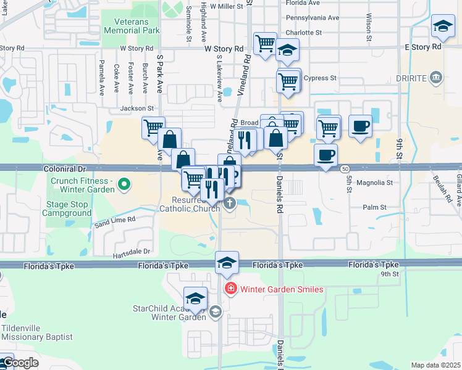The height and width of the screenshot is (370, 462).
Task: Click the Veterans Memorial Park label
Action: (132, 25)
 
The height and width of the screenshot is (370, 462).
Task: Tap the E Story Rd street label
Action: (423, 47)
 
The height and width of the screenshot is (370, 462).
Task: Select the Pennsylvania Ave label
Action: (313, 18)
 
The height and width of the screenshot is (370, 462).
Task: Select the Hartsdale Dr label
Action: (132, 252)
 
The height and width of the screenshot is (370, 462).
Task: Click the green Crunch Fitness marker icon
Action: (124, 183)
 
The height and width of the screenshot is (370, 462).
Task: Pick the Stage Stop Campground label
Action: (67, 208)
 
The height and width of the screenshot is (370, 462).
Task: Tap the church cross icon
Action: (230, 203)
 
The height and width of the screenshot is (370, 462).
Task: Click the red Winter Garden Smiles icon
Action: (230, 289)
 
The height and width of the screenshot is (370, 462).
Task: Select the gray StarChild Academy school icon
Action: (215, 311)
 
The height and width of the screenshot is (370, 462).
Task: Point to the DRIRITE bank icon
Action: (436, 77)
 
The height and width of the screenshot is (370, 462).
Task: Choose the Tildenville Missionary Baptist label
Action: (37, 332)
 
